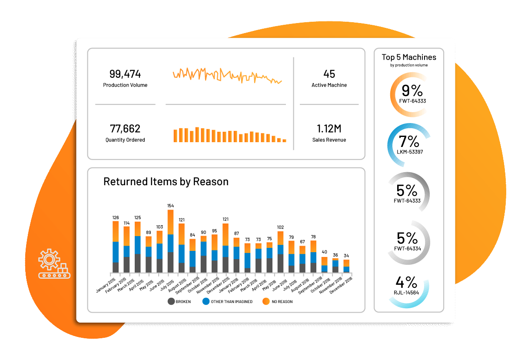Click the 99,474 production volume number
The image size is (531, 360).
[125, 74]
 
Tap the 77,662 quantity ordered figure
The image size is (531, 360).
[125, 129]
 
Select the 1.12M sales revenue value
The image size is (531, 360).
[329, 129]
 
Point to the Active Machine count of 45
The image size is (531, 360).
[329, 74]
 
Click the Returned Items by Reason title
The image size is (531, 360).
[166, 181]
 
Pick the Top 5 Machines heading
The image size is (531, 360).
[409, 57]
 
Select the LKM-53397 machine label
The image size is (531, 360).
[409, 152]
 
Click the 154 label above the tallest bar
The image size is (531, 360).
[171, 206]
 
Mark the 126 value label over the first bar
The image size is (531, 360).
[116, 217]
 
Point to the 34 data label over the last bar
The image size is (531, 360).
[346, 256]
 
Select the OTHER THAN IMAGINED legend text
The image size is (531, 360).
[232, 302]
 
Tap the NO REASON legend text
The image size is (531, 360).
[282, 302]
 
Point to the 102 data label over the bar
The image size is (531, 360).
[280, 227]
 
